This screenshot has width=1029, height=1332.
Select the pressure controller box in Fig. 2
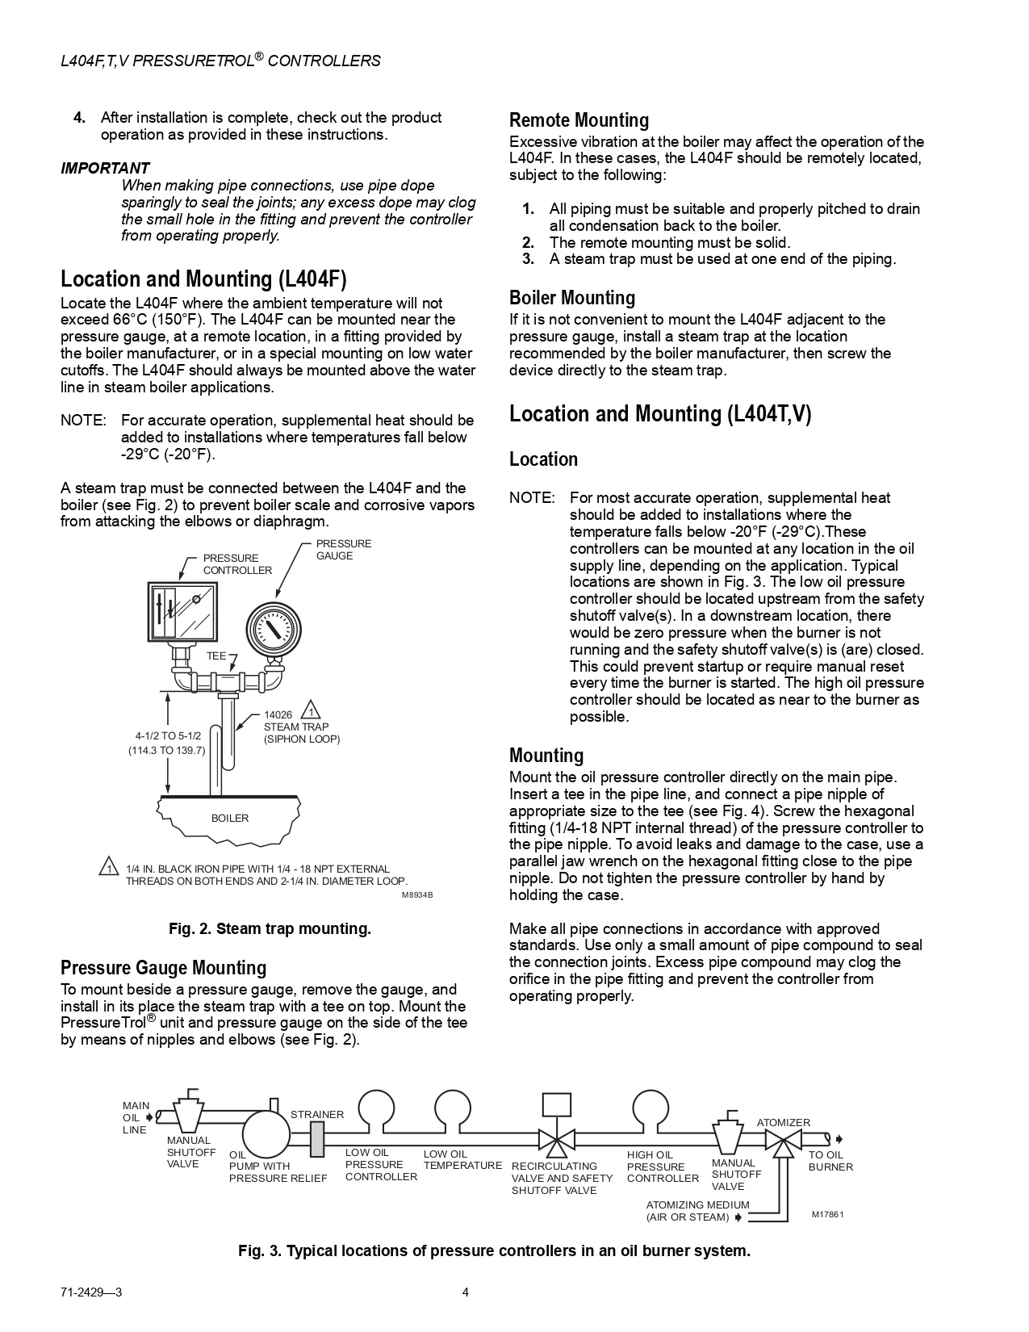[184, 610]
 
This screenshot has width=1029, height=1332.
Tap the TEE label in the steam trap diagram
[215, 656]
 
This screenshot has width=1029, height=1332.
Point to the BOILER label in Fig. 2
[230, 818]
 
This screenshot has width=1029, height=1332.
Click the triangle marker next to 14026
[311, 712]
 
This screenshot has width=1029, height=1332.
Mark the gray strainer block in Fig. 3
[316, 1139]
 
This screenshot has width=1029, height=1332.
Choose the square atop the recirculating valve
[557, 1104]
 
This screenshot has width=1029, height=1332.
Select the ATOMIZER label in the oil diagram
[783, 1122]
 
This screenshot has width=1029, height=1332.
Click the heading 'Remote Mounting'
[579, 120]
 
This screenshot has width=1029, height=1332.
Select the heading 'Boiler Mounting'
[572, 298]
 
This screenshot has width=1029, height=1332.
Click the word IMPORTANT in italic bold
[105, 168]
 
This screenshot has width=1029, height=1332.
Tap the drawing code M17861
[827, 1214]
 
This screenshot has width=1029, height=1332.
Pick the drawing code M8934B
[417, 895]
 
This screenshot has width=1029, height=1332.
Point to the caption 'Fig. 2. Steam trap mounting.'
[270, 928]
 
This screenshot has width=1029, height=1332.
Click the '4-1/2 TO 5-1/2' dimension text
[168, 735]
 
